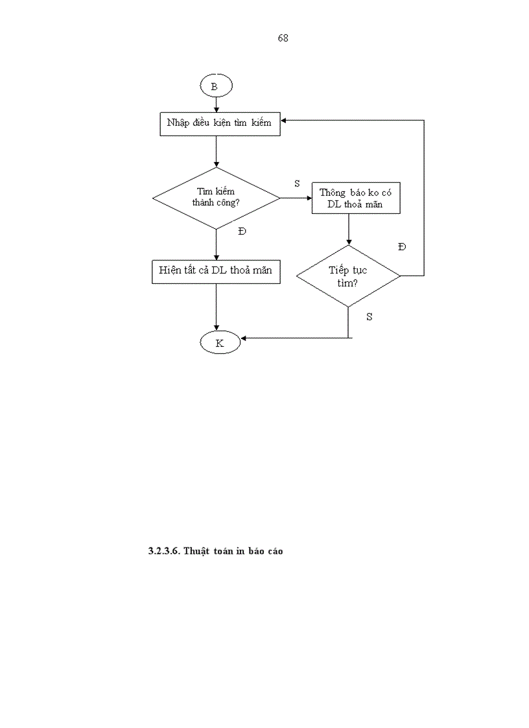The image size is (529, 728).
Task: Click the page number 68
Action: [283, 38]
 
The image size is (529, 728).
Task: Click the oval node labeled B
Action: [215, 86]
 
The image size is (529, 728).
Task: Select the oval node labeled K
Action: [219, 343]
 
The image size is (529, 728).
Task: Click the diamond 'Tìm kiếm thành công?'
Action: [215, 197]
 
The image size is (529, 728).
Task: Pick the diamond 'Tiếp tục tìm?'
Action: [348, 276]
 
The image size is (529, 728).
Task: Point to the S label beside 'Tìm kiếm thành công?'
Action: [297, 184]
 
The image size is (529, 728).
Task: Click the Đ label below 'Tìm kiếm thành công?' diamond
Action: [242, 232]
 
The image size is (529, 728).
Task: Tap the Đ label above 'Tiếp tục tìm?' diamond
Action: [402, 248]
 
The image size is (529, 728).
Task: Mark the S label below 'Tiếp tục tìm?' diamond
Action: [369, 317]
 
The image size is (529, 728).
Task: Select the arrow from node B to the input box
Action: [215, 104]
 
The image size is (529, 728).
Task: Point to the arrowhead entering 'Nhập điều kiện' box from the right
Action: [285, 121]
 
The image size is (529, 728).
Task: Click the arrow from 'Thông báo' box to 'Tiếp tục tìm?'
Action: [349, 229]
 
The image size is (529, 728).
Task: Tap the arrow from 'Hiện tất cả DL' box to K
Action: [215, 308]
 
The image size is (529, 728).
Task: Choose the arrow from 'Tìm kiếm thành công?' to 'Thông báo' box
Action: [296, 198]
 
